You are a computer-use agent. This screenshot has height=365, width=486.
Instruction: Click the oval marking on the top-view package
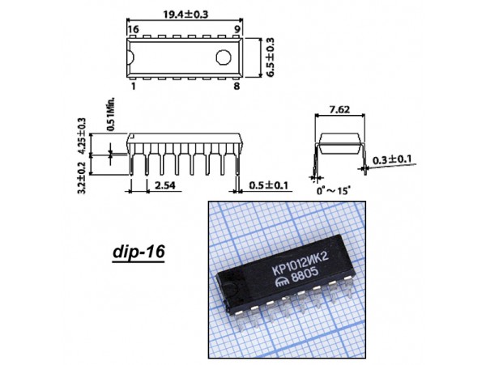tap(224, 57)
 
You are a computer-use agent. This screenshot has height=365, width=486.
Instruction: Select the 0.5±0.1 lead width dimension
tap(269, 186)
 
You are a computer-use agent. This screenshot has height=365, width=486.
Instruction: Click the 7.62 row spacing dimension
tap(339, 108)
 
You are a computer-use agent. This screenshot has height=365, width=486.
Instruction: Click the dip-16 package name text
tap(138, 253)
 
